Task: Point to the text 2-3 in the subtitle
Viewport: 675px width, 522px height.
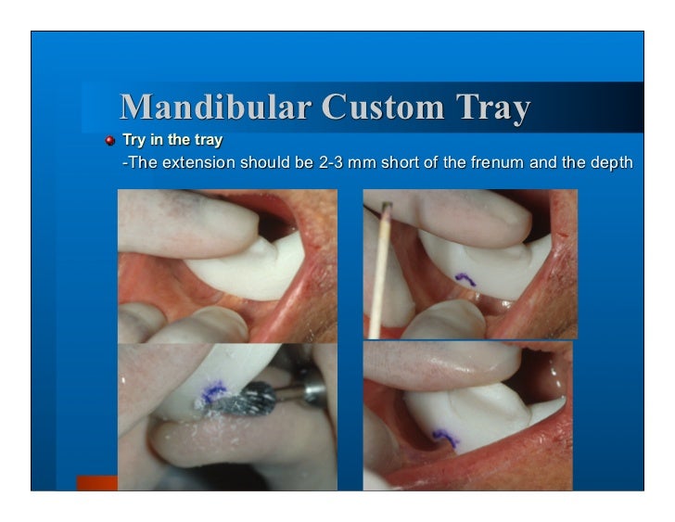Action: pyautogui.click(x=333, y=163)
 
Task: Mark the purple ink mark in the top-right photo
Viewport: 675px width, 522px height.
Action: pyautogui.click(x=466, y=276)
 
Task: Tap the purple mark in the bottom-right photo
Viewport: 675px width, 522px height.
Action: pyautogui.click(x=446, y=437)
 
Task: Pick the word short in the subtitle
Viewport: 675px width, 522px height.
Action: pyautogui.click(x=387, y=163)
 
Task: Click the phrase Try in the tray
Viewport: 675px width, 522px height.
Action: pyautogui.click(x=172, y=141)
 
